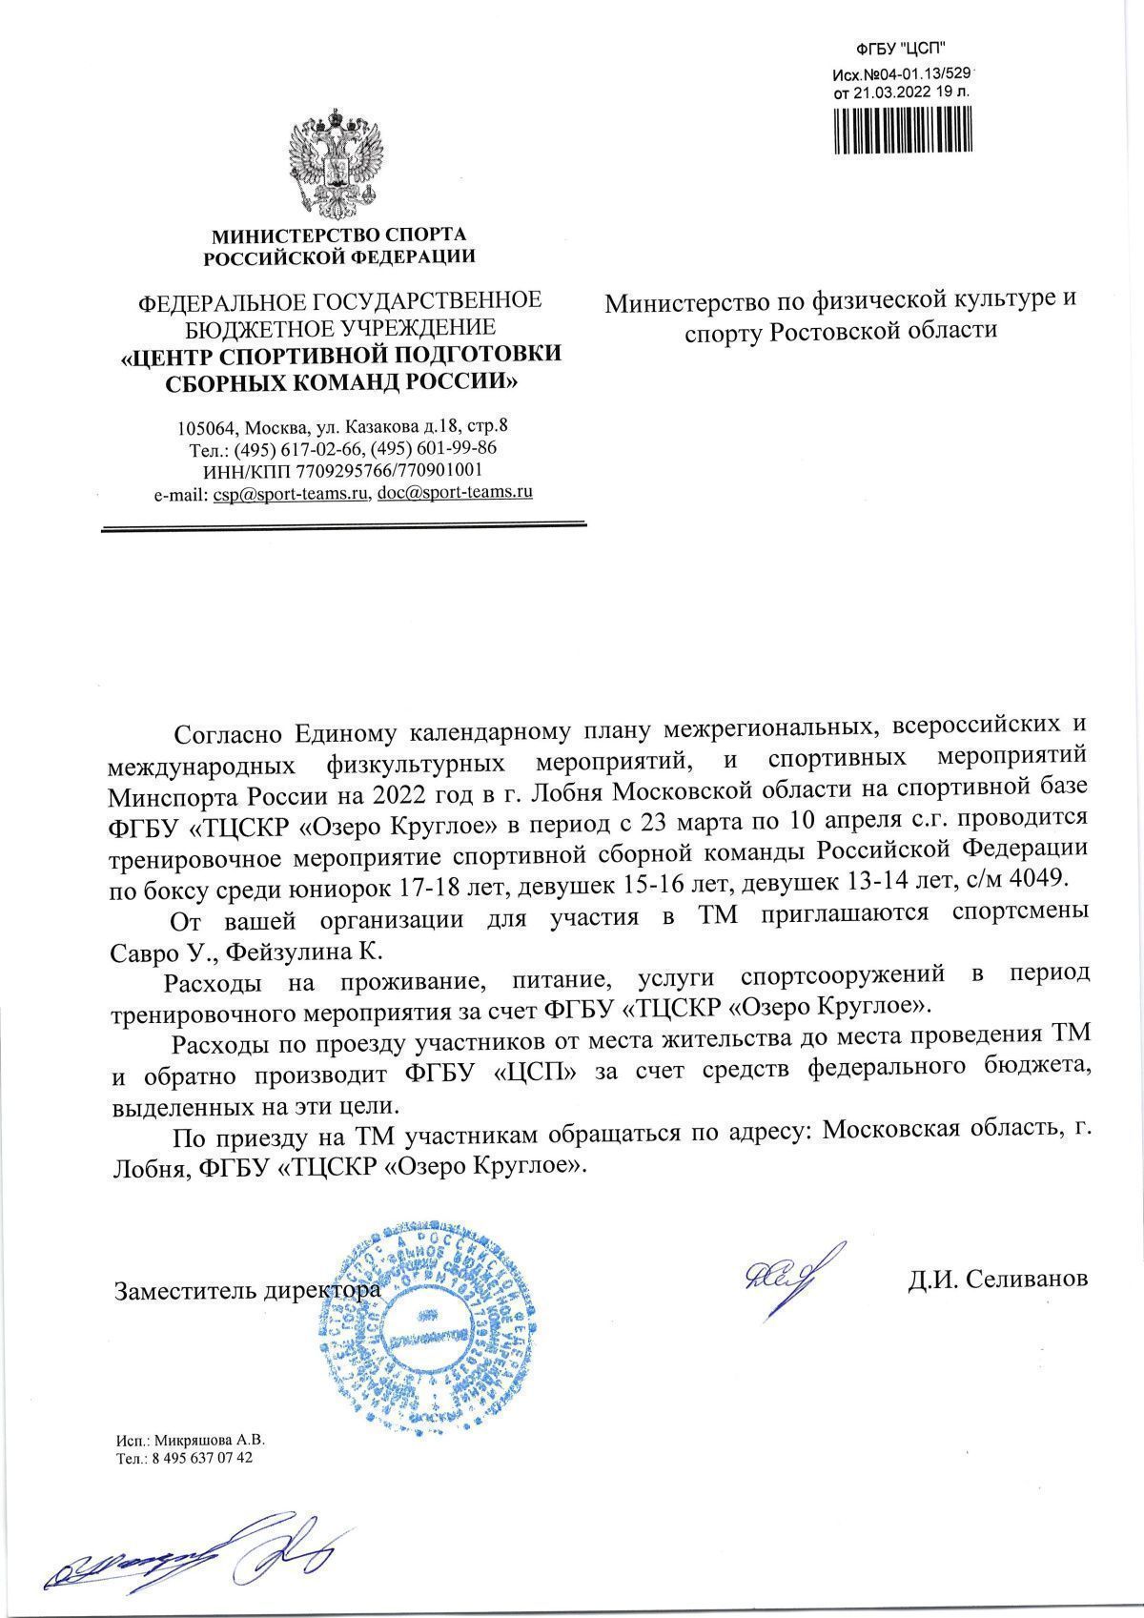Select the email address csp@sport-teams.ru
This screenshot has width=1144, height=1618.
[291, 494]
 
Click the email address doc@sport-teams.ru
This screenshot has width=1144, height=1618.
[455, 493]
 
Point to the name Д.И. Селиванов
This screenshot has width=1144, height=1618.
[997, 1279]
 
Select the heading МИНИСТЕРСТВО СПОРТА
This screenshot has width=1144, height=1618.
[338, 234]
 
